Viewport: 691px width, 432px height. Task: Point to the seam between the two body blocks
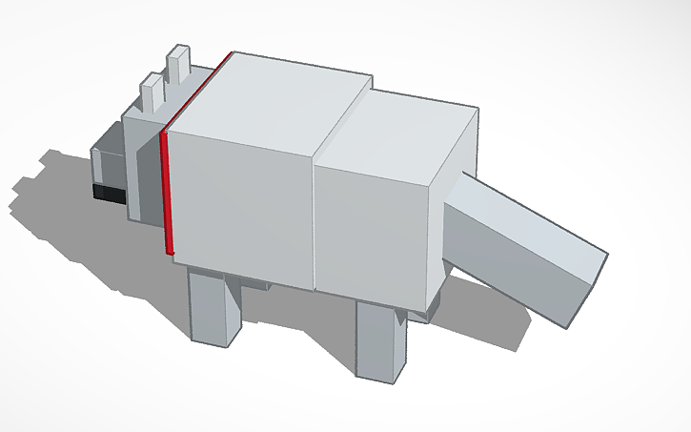315,219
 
